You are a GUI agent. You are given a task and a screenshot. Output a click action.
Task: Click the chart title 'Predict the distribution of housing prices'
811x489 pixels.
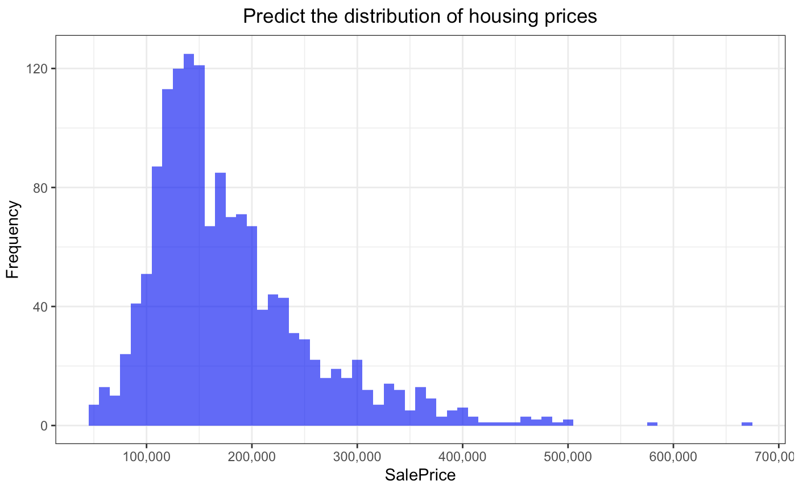(420, 16)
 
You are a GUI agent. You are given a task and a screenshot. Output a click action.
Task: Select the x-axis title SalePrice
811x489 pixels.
(420, 475)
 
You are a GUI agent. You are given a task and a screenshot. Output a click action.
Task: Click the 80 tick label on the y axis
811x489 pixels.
(40, 188)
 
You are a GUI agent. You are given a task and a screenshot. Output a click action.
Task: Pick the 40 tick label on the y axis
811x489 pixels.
(40, 306)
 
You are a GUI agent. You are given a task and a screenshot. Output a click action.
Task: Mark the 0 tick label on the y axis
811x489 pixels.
(44, 426)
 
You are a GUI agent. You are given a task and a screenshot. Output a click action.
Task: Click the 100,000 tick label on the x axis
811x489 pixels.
(146, 457)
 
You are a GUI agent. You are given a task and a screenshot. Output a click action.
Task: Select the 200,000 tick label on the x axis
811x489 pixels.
(251, 457)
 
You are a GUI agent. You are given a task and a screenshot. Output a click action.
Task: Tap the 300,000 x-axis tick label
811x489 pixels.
(357, 457)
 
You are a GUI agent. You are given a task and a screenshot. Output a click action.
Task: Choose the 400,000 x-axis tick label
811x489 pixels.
(462, 457)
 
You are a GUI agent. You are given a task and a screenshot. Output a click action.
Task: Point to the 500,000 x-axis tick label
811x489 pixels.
(568, 457)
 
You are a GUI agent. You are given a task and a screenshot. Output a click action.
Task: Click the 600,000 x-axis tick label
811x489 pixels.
(673, 457)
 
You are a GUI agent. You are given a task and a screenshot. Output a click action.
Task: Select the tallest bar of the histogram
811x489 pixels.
(189, 239)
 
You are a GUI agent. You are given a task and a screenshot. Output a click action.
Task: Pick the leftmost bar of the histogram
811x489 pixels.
(94, 415)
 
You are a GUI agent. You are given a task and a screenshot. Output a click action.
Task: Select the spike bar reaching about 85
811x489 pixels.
(220, 299)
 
